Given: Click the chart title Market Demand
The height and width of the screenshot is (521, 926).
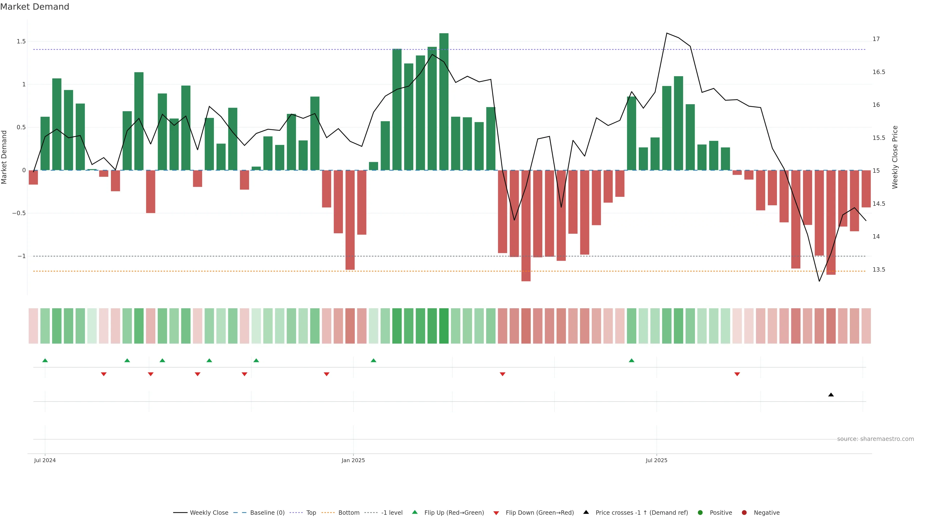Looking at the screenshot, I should pyautogui.click(x=34, y=7).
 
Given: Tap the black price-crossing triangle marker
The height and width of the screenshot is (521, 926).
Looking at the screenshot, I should pyautogui.click(x=831, y=395).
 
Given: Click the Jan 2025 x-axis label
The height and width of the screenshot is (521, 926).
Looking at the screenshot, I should pyautogui.click(x=353, y=460).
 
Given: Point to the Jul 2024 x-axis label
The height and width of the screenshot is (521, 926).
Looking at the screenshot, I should pyautogui.click(x=45, y=460).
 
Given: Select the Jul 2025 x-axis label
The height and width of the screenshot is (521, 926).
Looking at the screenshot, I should pyautogui.click(x=656, y=460).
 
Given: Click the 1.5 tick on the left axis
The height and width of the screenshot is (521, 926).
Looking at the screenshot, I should pyautogui.click(x=21, y=41).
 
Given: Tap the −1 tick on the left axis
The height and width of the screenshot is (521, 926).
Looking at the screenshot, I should pyautogui.click(x=21, y=256).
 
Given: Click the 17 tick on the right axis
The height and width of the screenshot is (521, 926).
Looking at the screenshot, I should pyautogui.click(x=876, y=39).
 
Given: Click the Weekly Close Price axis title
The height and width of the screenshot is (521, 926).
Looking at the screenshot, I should pyautogui.click(x=895, y=157).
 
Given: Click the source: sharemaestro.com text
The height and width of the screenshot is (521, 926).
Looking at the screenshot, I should pyautogui.click(x=875, y=439).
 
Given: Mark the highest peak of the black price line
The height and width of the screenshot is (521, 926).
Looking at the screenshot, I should pyautogui.click(x=667, y=33).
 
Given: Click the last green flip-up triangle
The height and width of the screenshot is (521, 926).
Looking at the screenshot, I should pyautogui.click(x=632, y=360).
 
